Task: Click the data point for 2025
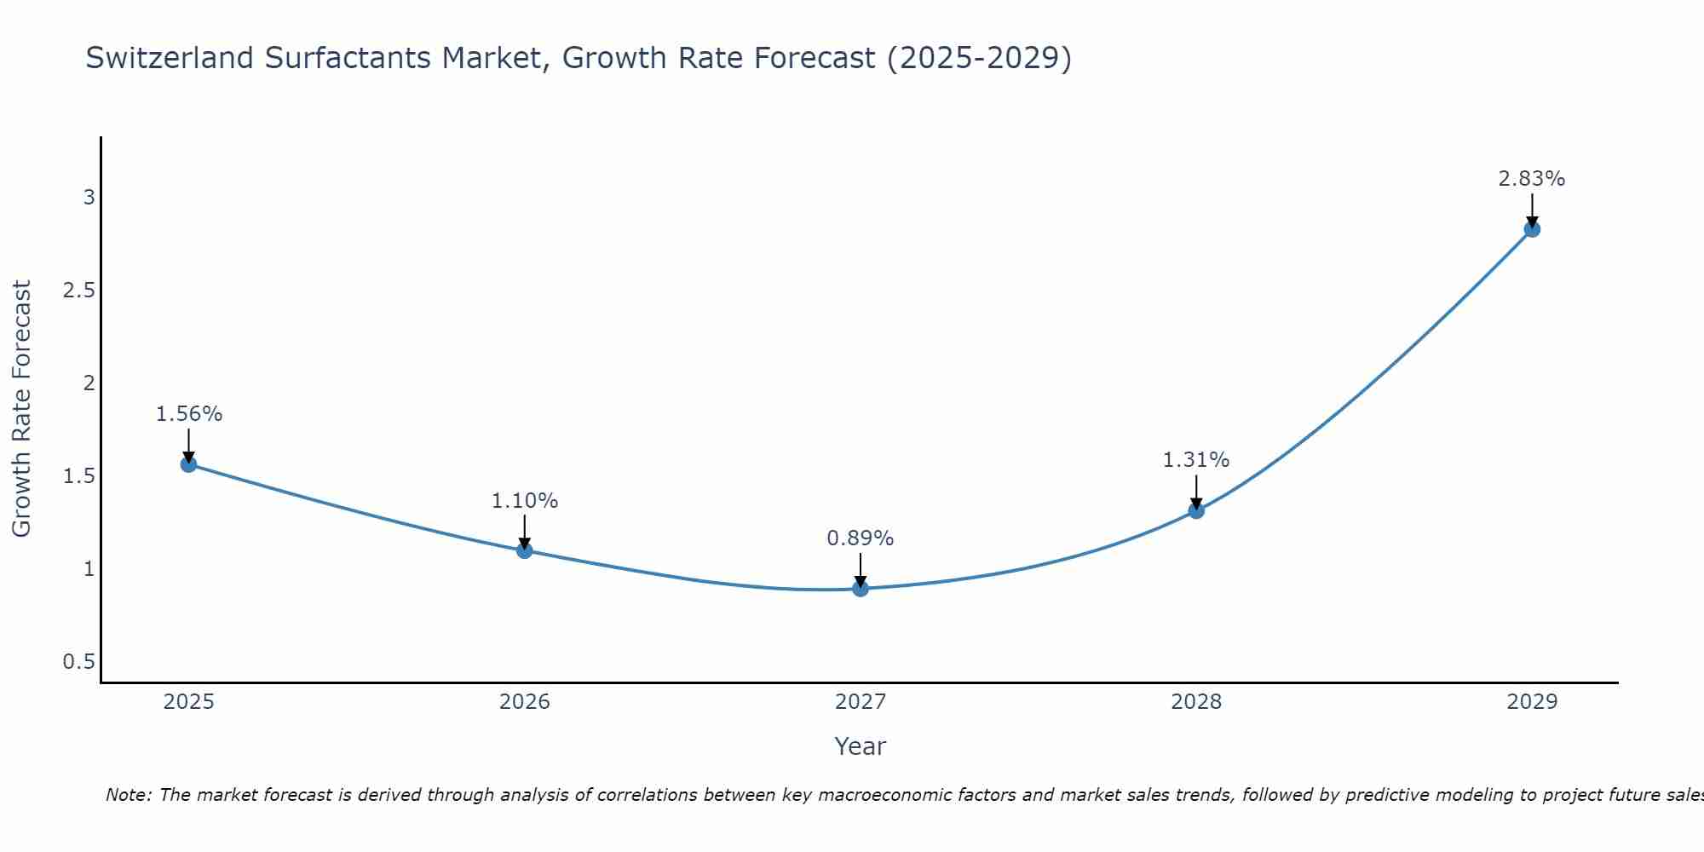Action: click(x=188, y=464)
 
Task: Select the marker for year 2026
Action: click(x=524, y=550)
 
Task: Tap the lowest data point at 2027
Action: click(x=861, y=589)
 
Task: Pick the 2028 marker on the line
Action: click(x=1196, y=510)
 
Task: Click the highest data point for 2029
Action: click(x=1532, y=229)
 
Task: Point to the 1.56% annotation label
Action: click(x=188, y=414)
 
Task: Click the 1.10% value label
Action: click(x=524, y=501)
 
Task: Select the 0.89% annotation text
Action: click(x=861, y=538)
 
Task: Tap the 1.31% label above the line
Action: click(x=1196, y=460)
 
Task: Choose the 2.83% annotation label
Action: click(x=1532, y=179)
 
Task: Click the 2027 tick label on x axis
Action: click(x=861, y=702)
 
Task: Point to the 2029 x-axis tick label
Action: click(x=1532, y=702)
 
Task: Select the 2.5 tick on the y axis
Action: click(x=78, y=291)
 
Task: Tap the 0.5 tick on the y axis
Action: click(x=78, y=662)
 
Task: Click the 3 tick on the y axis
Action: click(x=89, y=198)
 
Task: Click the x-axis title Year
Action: click(x=861, y=746)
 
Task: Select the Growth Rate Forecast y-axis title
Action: click(x=22, y=409)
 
